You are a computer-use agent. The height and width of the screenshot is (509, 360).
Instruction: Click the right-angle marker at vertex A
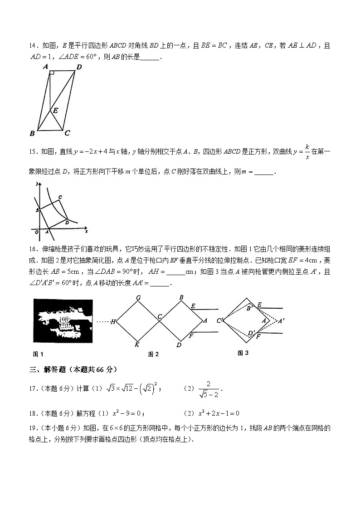point(52,73)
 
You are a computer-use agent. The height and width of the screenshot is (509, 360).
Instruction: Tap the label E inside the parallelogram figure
point(55,110)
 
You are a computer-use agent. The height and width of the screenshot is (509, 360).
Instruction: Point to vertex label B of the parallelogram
point(32,133)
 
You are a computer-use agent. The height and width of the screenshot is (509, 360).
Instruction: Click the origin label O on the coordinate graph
point(37,233)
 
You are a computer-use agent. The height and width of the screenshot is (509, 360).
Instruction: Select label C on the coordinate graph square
point(60,197)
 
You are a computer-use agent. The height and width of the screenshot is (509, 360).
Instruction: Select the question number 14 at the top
point(32,45)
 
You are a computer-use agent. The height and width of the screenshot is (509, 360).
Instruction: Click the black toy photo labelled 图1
point(63,321)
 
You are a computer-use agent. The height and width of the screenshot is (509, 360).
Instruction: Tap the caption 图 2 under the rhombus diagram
point(153,354)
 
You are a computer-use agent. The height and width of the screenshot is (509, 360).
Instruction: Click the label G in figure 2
point(138,298)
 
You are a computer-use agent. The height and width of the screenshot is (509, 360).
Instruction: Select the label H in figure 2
point(113,322)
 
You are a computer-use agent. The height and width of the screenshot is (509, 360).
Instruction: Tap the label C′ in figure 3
point(220,321)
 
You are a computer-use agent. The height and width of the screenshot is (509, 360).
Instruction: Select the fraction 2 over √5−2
point(209,389)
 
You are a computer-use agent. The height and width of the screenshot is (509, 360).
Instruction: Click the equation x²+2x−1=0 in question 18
point(219,413)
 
